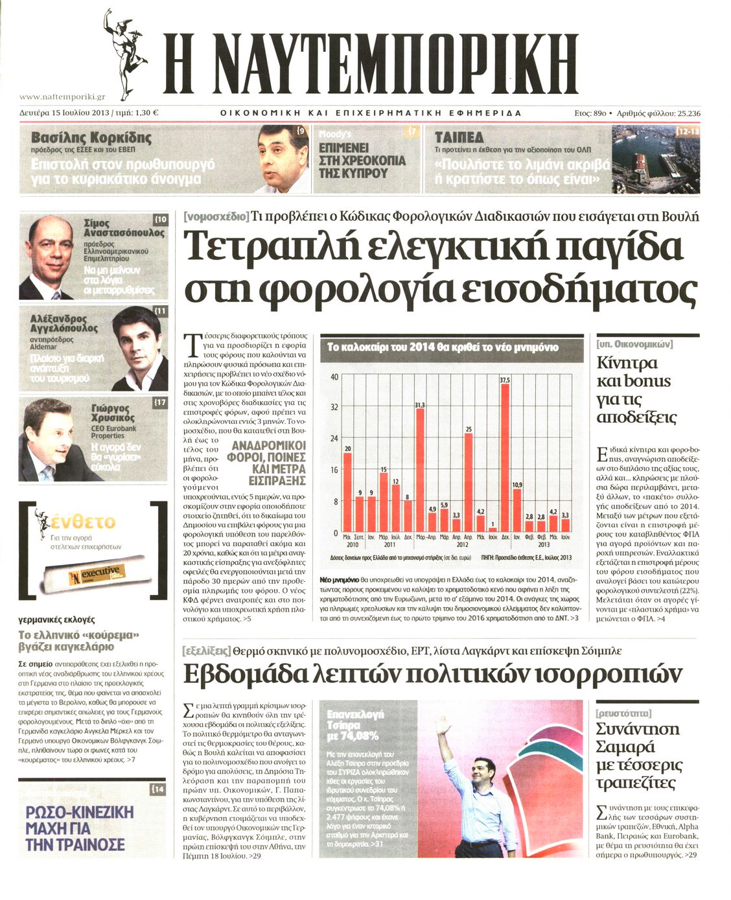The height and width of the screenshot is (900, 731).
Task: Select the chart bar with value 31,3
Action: (420, 470)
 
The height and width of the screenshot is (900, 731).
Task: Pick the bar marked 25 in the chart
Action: (469, 483)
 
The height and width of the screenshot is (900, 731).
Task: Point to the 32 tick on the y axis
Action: (334, 408)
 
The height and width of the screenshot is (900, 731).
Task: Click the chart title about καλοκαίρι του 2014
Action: (442, 347)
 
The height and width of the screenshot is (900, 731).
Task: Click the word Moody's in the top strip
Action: (336, 133)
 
